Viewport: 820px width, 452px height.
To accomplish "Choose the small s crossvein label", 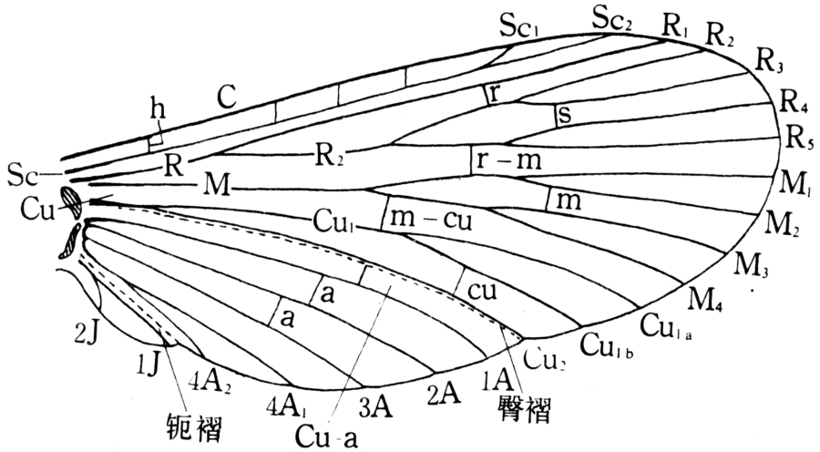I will pos(565,116).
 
